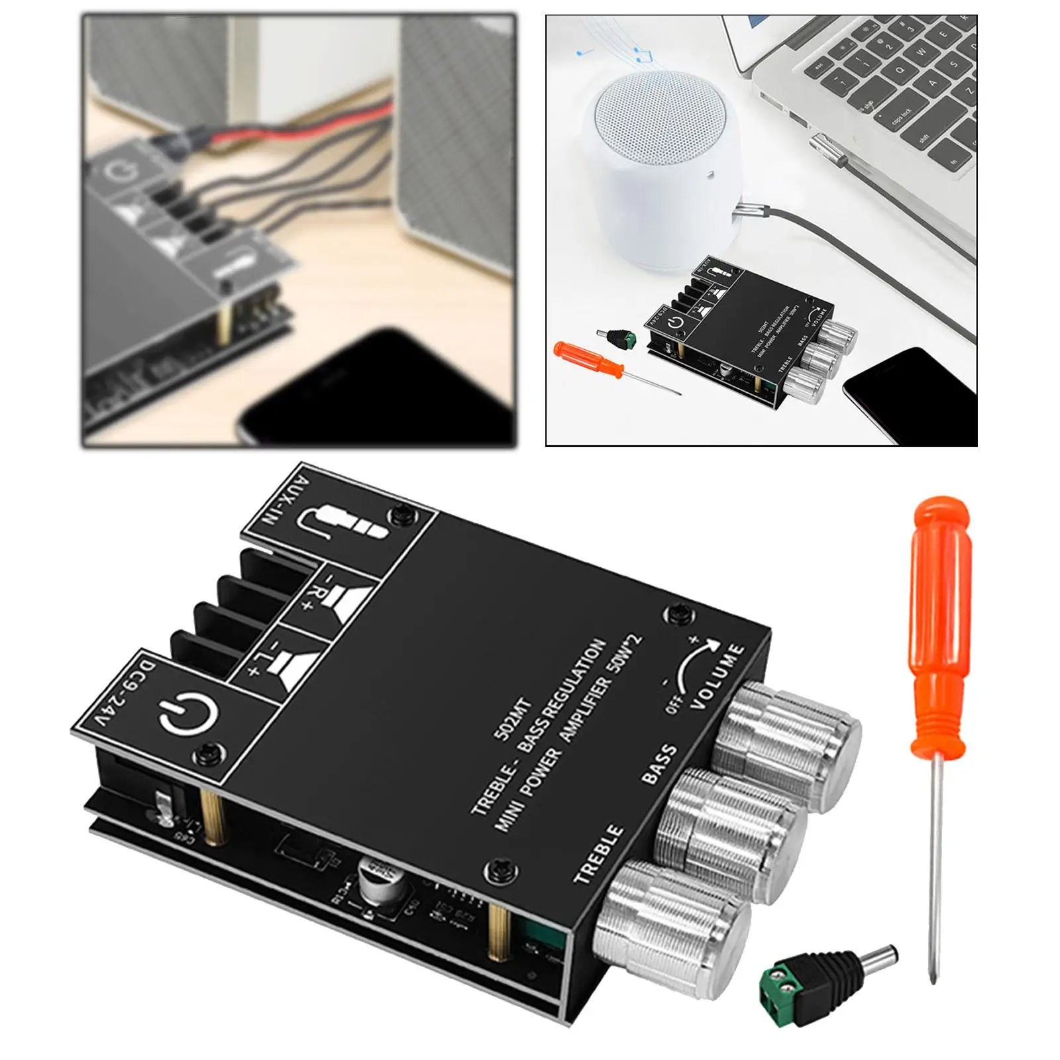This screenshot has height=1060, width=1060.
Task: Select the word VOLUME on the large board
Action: click(x=718, y=676)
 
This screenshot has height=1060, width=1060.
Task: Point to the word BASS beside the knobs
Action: click(x=660, y=764)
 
